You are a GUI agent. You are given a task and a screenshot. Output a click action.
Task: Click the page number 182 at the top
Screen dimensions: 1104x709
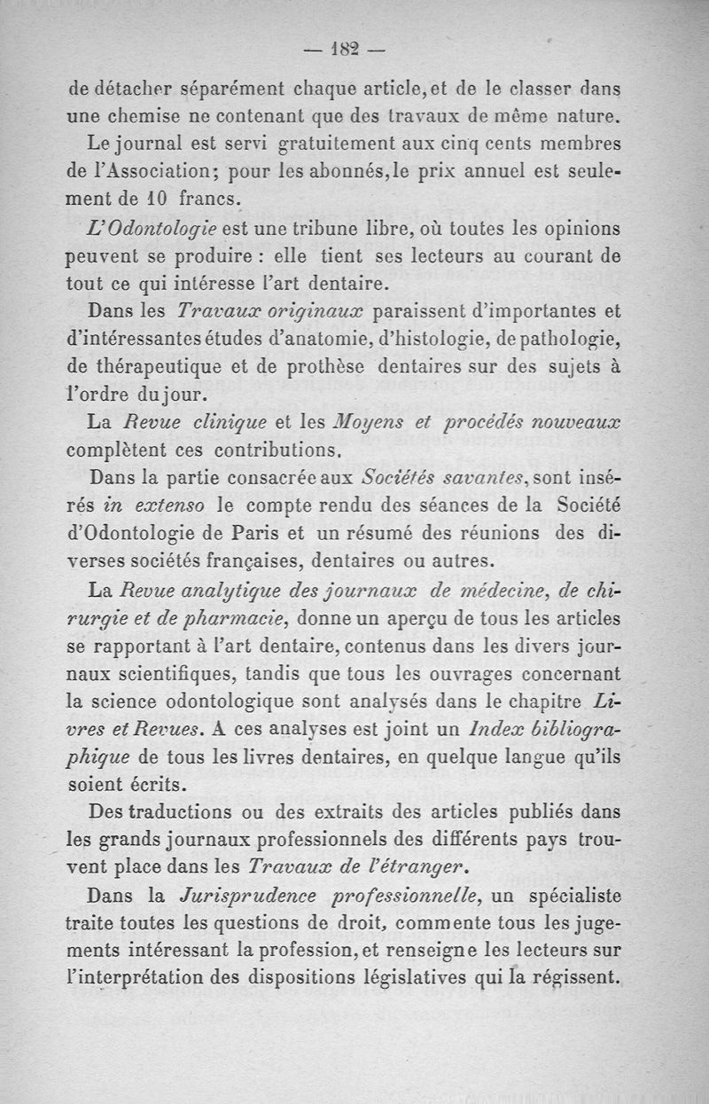[346, 50]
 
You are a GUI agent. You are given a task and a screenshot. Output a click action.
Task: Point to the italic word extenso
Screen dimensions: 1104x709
[168, 507]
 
